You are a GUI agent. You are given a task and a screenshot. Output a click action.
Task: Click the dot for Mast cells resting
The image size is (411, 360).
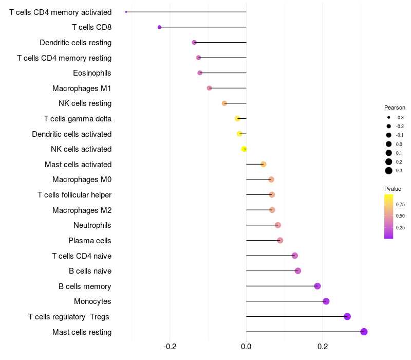[x=364, y=332]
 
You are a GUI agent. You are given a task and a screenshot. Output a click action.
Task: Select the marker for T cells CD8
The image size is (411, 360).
[x=159, y=27]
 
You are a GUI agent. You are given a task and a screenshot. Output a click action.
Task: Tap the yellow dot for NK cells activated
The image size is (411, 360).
[x=244, y=149]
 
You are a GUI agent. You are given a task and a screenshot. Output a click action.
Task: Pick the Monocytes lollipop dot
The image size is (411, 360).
[x=326, y=301]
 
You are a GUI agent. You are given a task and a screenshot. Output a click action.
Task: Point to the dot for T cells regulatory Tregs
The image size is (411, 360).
[x=347, y=316]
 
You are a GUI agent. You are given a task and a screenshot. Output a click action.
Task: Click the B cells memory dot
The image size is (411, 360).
[x=317, y=286]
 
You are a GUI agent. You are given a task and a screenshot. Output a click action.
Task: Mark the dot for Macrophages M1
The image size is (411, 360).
[x=209, y=88]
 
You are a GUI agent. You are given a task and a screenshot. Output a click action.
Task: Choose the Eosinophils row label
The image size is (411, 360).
[x=92, y=73]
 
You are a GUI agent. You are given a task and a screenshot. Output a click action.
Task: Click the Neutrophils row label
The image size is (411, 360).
[x=92, y=225]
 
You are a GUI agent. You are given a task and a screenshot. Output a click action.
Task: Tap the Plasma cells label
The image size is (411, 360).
[x=89, y=241]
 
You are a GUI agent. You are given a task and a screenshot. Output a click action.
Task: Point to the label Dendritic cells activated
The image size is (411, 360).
[x=71, y=134]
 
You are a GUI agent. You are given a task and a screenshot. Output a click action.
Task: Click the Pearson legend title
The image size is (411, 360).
[x=395, y=108]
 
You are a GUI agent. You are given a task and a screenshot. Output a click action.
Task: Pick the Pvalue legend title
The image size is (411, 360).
[x=393, y=189]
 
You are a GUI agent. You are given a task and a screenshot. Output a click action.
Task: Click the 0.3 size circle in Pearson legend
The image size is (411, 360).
[x=389, y=171]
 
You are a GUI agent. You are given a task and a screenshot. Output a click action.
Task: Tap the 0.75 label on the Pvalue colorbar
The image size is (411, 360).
[x=400, y=204]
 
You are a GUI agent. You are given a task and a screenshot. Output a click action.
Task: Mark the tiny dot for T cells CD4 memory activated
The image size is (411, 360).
[x=126, y=12]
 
